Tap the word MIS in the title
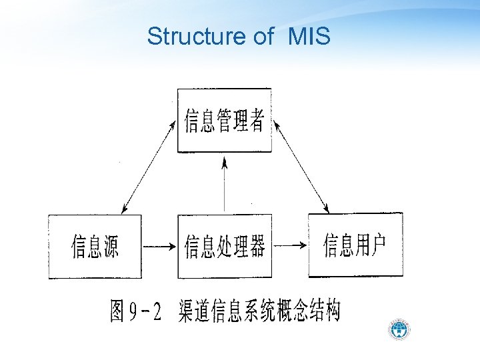[309, 37]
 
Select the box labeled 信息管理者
[224, 121]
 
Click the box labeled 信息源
[95, 246]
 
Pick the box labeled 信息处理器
[224, 246]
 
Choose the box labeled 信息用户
[355, 245]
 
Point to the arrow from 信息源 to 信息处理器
[159, 247]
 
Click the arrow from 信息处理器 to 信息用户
[290, 246]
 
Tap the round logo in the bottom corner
[400, 329]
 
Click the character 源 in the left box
[111, 247]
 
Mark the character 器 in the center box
[257, 247]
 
